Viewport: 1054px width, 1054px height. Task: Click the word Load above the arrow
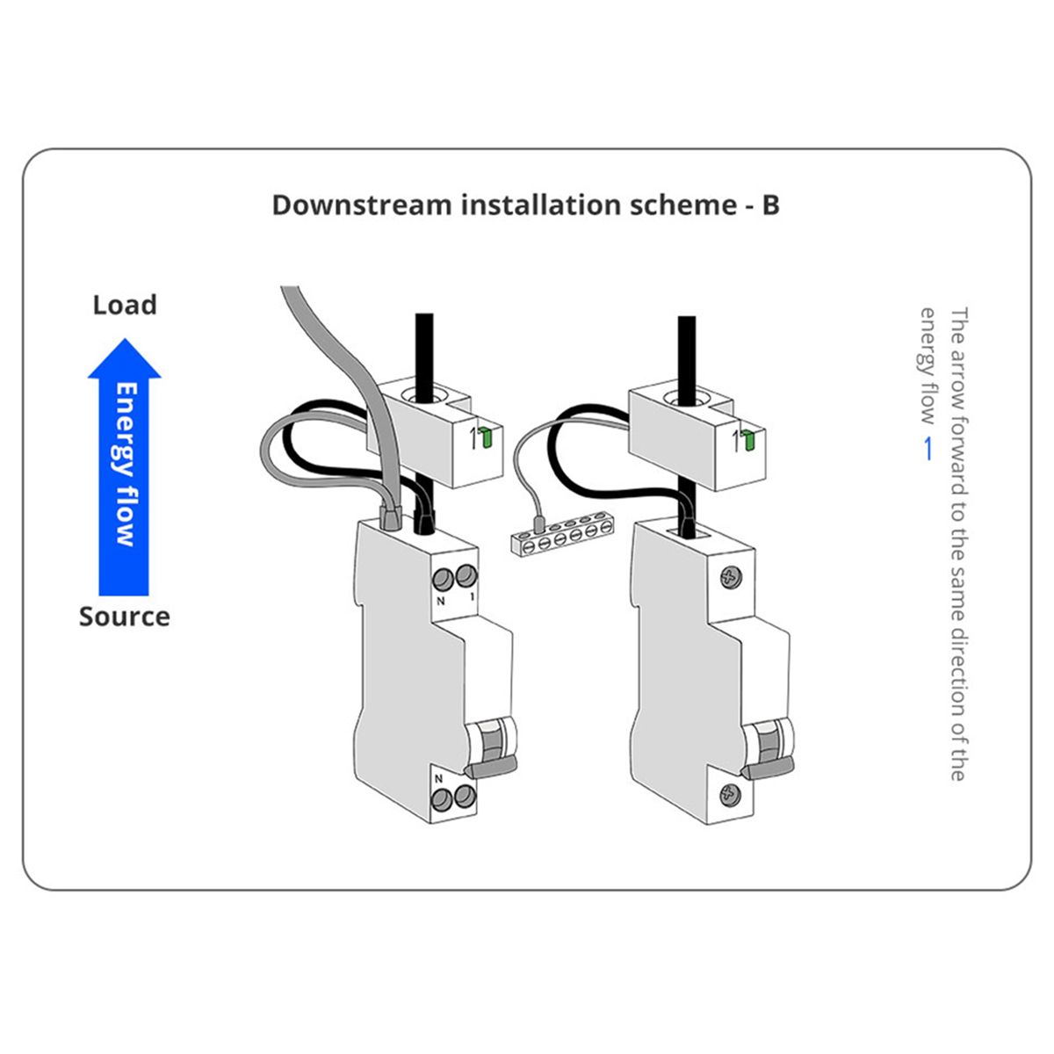(x=125, y=305)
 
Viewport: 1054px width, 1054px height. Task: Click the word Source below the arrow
(x=125, y=617)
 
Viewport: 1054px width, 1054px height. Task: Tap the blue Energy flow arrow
(x=124, y=466)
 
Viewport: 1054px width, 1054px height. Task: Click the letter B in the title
(x=770, y=206)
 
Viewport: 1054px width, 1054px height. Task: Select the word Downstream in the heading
(x=362, y=206)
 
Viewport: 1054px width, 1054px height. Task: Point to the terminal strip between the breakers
(x=560, y=537)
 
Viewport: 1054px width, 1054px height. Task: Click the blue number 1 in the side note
(x=928, y=449)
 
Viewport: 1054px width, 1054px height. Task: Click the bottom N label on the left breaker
(x=438, y=778)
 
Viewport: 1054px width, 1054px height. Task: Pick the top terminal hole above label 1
(x=466, y=577)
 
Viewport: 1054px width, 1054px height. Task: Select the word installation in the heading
(x=542, y=206)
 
